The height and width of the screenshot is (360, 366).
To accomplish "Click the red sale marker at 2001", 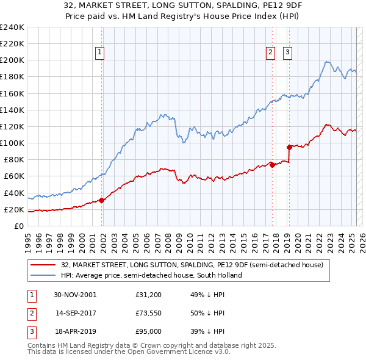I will pyautogui.click(x=102, y=200).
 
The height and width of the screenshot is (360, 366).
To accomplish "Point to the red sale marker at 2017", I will pyautogui.click(x=272, y=165).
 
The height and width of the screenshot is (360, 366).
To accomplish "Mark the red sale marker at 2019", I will pyautogui.click(x=289, y=147).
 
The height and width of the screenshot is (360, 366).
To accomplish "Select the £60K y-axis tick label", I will pyautogui.click(x=13, y=176).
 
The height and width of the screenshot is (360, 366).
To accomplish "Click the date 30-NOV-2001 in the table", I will pyautogui.click(x=75, y=295).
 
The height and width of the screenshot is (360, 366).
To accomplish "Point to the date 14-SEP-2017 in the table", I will pyautogui.click(x=75, y=313).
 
